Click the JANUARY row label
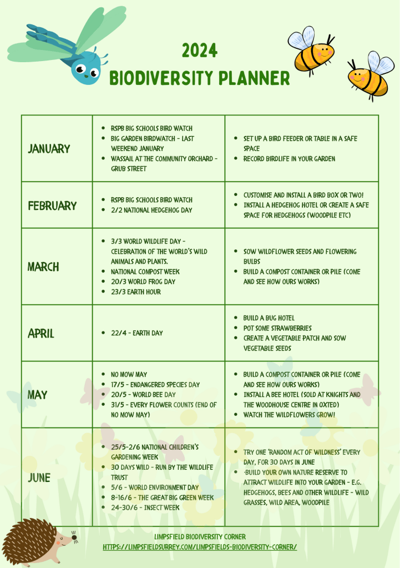49,148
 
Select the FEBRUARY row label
52,205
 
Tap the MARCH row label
43,267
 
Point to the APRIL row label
41,333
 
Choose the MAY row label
38,395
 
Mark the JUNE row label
39,477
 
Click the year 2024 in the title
200,52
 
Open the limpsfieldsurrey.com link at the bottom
200,547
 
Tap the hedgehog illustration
36,541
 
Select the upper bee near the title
312,52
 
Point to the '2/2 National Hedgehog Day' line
151,210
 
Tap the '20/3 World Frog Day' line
143,282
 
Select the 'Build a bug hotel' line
269,318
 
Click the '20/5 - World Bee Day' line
143,395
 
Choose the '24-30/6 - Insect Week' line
145,507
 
